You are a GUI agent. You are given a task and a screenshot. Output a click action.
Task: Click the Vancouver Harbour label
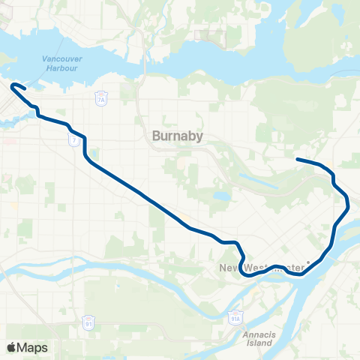(x=62, y=63)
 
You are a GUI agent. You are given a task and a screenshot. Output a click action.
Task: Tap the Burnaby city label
(x=173, y=136)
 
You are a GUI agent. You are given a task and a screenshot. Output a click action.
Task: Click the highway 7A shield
(x=101, y=98)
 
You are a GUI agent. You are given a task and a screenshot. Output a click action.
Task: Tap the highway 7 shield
(x=73, y=141)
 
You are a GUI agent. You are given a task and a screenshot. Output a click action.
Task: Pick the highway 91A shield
(x=235, y=316)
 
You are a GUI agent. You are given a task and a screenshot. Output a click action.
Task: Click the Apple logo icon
(x=11, y=347)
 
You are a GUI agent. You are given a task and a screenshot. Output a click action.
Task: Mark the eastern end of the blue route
(x=298, y=159)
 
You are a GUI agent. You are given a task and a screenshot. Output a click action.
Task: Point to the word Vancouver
(x=62, y=58)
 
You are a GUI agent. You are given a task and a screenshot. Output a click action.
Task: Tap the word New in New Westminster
(x=229, y=268)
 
